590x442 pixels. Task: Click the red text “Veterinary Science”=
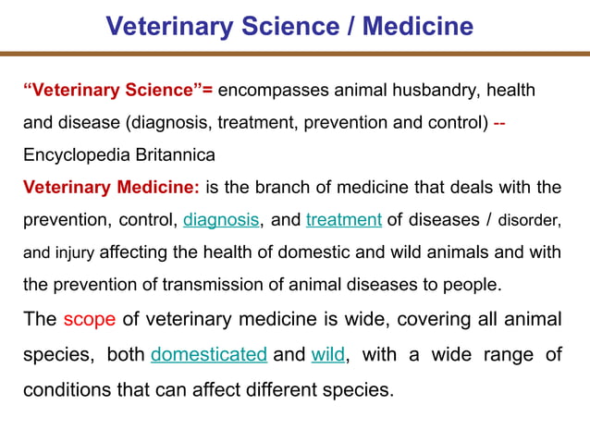[x=117, y=91]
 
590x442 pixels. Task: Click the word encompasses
[x=273, y=91]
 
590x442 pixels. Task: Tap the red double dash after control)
[x=499, y=122]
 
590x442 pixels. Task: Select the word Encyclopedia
[x=79, y=154]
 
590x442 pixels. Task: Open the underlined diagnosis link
[x=222, y=220]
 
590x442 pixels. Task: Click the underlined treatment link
[x=344, y=220]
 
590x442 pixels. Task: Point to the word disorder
[x=529, y=220]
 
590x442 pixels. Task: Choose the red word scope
[x=90, y=320]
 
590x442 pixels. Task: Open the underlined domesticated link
[x=209, y=354]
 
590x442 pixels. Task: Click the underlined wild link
[x=328, y=354]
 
